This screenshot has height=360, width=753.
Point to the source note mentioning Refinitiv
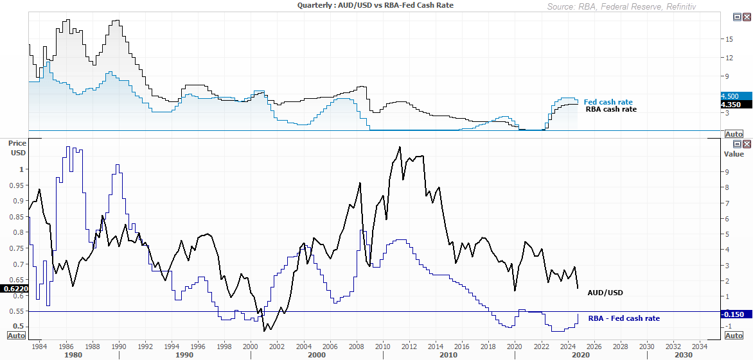pyautogui.click(x=621, y=6)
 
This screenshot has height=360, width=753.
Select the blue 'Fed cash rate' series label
pyautogui.click(x=608, y=102)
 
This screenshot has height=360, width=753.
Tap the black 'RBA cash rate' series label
pyautogui.click(x=611, y=109)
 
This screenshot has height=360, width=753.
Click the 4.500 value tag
pyautogui.click(x=733, y=96)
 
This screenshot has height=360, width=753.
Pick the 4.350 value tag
pyautogui.click(x=733, y=104)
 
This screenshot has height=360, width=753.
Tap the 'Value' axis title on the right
pyautogui.click(x=733, y=154)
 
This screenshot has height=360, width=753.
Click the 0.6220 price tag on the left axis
pyautogui.click(x=13, y=289)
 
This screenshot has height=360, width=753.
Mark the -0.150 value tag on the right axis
pyautogui.click(x=733, y=314)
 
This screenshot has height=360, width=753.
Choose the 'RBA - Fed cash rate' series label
pyautogui.click(x=624, y=318)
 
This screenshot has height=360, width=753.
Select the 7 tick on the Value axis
pyautogui.click(x=727, y=203)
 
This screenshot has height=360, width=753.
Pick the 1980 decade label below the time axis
pyautogui.click(x=73, y=355)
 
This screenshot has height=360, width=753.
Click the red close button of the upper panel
pyautogui.click(x=747, y=18)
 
